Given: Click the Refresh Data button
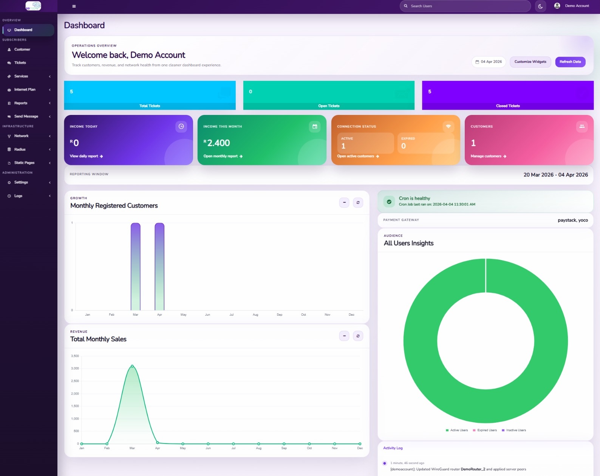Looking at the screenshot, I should (570, 62).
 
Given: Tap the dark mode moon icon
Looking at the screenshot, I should (540, 6).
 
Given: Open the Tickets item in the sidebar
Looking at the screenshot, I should (20, 63).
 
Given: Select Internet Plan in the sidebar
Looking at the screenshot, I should (25, 90).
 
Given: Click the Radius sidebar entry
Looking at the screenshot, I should (20, 149).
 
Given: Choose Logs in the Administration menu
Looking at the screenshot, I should (18, 196).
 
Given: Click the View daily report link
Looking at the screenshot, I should (86, 156).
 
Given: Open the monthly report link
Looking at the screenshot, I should (223, 156).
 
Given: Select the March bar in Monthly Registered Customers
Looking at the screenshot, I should (136, 267).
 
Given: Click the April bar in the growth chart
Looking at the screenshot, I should (159, 267).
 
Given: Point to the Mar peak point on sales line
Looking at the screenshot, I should (132, 366).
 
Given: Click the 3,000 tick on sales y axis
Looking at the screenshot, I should (75, 368).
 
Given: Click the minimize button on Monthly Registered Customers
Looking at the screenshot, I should (344, 203).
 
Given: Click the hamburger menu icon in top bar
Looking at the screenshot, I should (74, 6).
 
